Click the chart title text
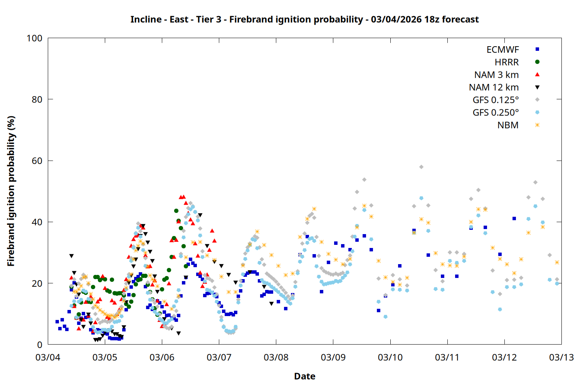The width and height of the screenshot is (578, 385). point(304,19)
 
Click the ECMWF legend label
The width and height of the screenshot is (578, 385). point(502,50)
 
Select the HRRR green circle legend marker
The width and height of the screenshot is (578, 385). point(537,62)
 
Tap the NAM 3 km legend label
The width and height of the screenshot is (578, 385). point(496,75)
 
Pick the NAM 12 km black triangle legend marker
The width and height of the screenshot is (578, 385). point(537,87)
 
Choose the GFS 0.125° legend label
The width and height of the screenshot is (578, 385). point(496,100)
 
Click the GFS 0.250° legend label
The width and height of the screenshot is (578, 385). point(496,113)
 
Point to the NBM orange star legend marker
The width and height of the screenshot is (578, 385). point(537,125)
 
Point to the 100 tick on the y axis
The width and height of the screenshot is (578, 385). point(34,38)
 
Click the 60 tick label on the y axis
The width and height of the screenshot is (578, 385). point(37,161)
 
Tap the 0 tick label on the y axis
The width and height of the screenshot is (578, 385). point(39,345)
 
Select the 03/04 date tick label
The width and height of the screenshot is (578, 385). point(48,357)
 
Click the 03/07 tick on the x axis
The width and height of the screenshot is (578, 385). point(219,357)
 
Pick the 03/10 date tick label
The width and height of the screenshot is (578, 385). point(390,357)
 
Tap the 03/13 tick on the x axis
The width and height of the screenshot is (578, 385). point(561,357)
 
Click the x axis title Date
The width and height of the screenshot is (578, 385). point(304,376)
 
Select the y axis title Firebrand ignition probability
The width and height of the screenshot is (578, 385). point(11,191)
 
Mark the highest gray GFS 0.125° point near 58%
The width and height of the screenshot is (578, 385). point(421,167)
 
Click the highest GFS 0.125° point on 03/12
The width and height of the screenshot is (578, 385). point(535,182)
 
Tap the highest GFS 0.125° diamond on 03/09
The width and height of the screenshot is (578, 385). point(364,180)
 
